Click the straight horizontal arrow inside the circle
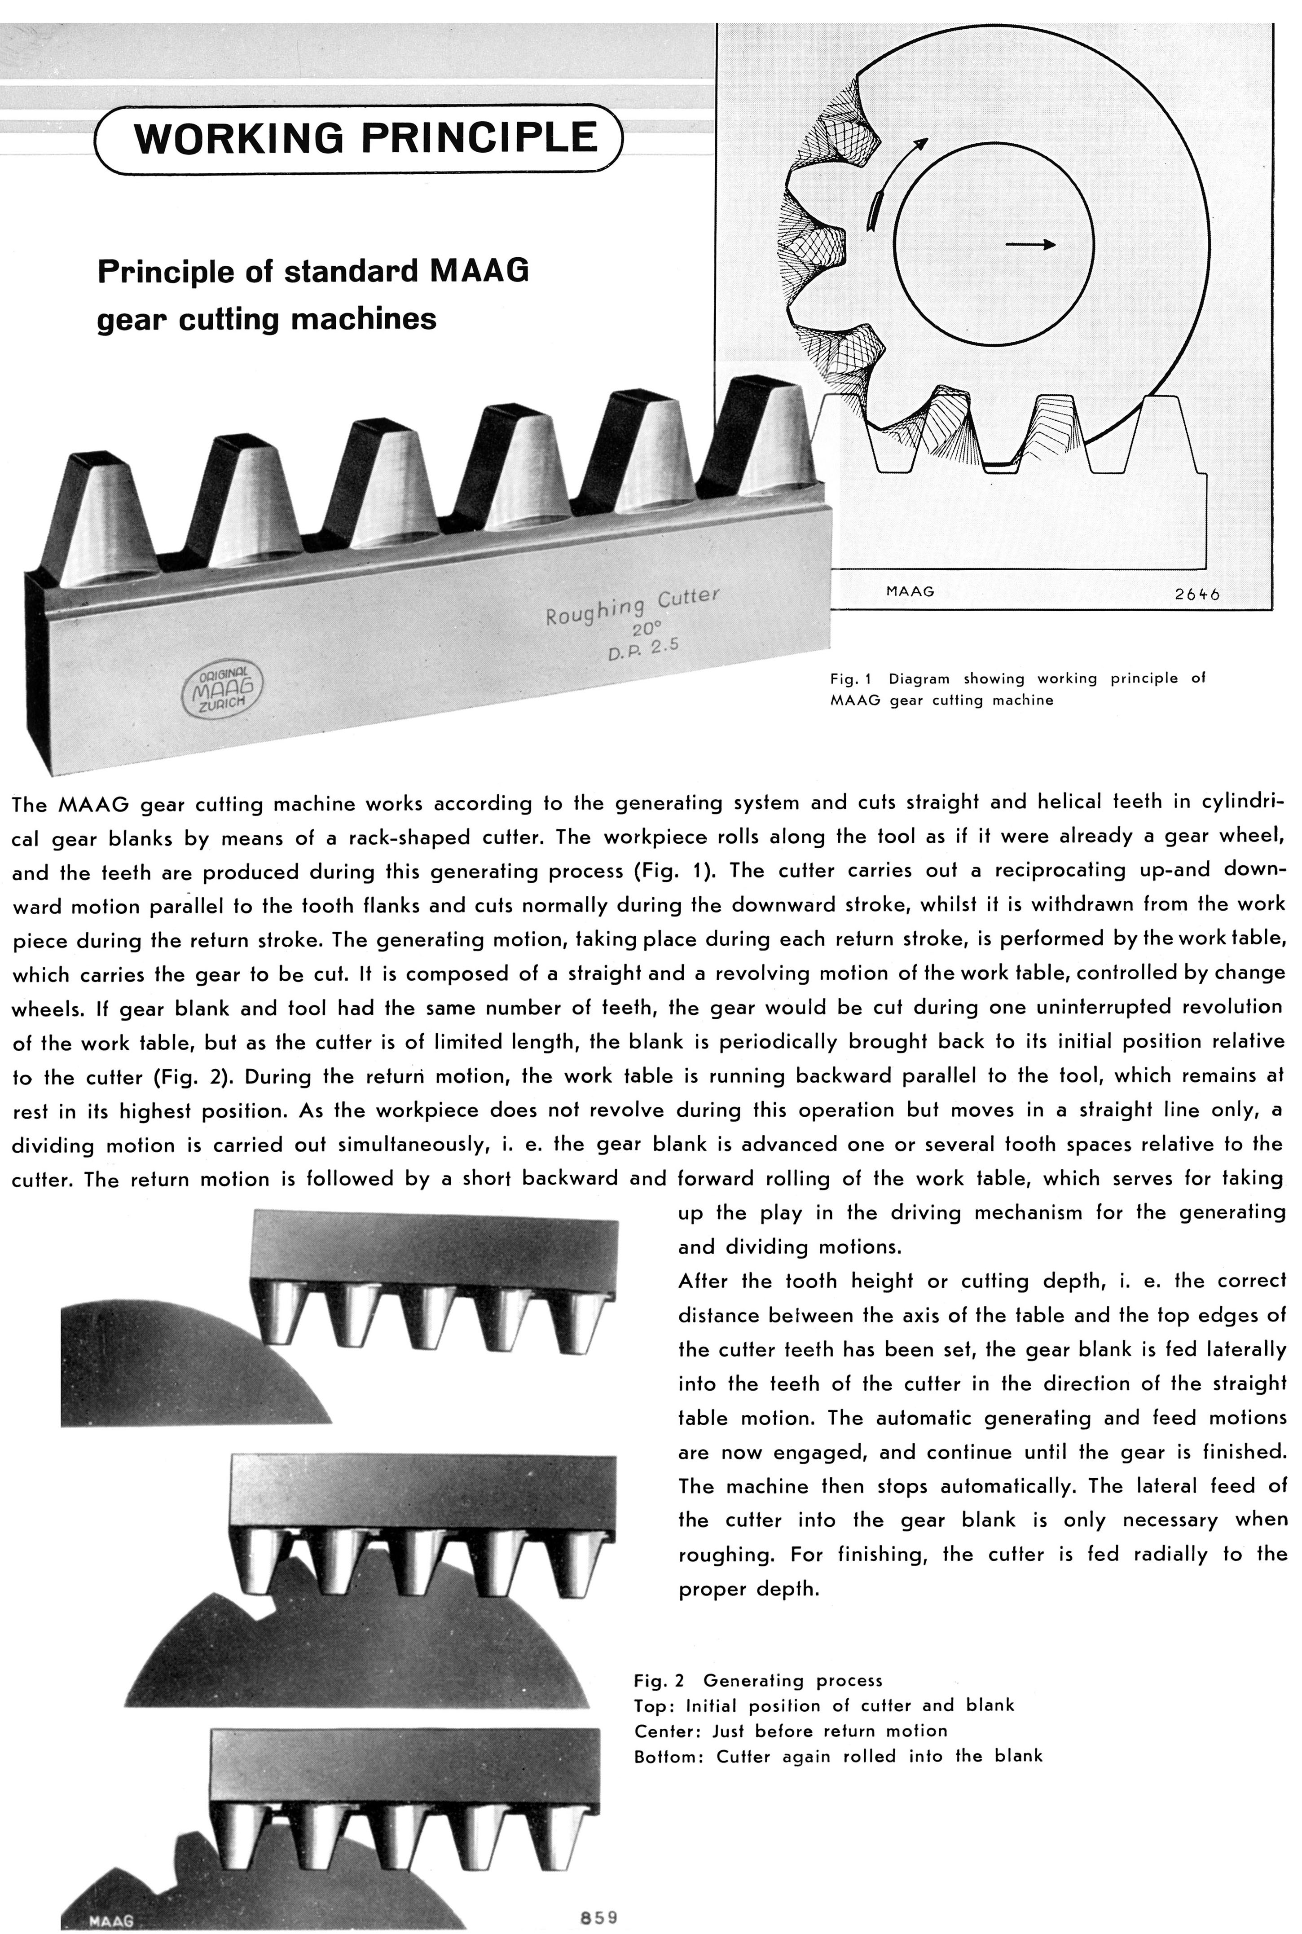pos(1029,244)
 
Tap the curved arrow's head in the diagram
pos(919,145)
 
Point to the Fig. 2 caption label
pos(659,1680)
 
